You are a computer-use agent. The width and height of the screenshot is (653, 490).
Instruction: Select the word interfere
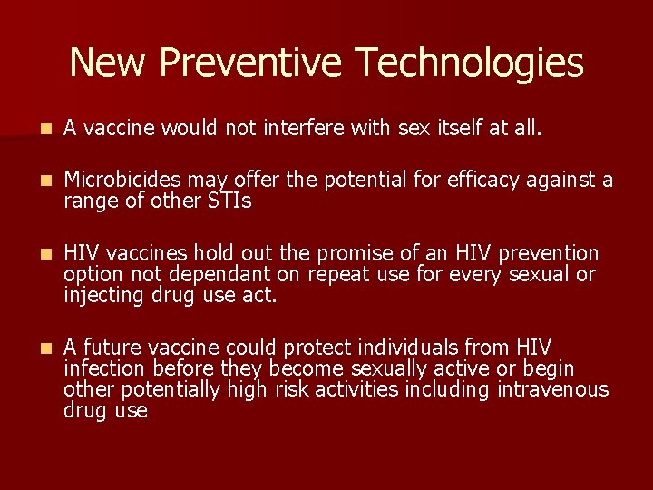coord(305,130)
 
